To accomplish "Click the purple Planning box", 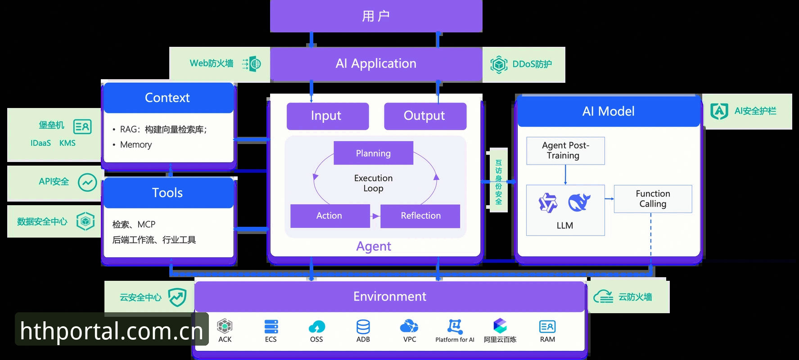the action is (373, 153).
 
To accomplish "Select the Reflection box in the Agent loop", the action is (420, 216).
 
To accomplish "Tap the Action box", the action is (330, 216).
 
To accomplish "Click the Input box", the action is (328, 116).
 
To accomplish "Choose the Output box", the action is (425, 116).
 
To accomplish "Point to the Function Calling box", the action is (653, 198).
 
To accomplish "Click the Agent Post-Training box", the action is (565, 151).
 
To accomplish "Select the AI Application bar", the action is (376, 64).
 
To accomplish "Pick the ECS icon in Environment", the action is (271, 326).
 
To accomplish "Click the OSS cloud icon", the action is (317, 327).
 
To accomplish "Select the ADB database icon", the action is (363, 327).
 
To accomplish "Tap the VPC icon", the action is (409, 326).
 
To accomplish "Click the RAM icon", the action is (547, 327).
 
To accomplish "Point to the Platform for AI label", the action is (455, 340).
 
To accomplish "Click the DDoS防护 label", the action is (532, 64).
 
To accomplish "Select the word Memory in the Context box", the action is (136, 145).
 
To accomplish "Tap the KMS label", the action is (68, 143).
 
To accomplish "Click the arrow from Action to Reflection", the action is (375, 216).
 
